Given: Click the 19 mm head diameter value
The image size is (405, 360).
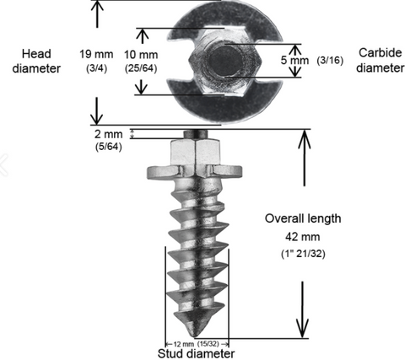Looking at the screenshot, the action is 96,54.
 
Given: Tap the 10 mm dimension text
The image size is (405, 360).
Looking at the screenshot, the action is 141,55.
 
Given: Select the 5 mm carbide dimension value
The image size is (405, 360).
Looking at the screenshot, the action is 294,60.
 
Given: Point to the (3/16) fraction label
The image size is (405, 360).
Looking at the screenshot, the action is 330,60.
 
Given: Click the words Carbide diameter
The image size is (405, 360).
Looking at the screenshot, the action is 380,60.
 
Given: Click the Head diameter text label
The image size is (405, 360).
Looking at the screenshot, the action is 36,61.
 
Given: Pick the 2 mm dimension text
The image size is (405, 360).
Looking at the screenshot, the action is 108,134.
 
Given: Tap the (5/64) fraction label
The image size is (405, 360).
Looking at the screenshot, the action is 109,147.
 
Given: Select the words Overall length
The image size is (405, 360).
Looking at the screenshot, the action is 303,218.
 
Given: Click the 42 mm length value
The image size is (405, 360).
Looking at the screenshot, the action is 303,237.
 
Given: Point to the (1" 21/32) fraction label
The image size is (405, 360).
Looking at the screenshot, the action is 303,254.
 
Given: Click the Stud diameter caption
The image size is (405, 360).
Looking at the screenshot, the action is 196,353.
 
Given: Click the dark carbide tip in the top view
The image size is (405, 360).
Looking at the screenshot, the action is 226,61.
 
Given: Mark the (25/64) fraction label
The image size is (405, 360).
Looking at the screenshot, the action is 141,68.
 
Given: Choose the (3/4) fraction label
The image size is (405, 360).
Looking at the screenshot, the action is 96,68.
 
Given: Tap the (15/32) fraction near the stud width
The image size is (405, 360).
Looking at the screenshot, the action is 208,344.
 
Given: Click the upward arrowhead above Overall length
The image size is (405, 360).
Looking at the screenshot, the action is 304,139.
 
